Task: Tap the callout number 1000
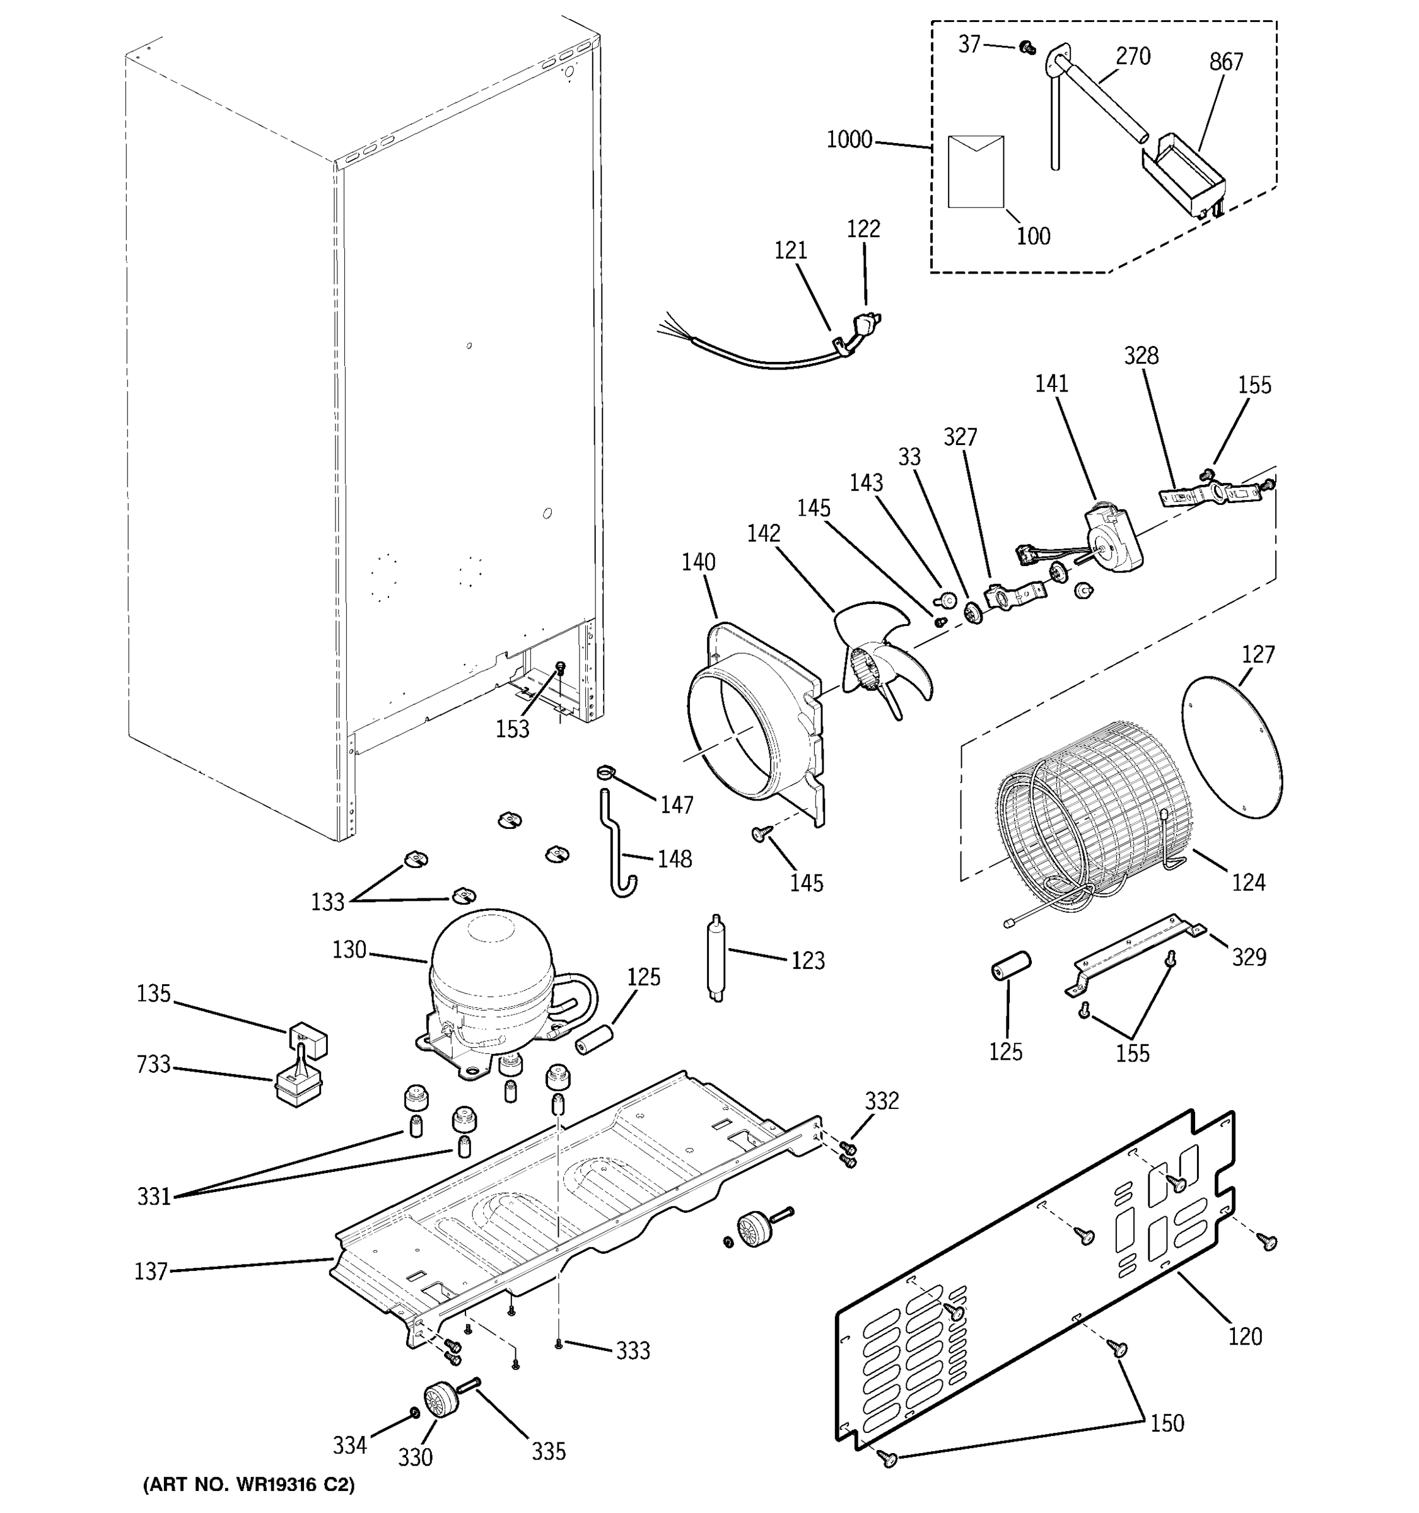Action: point(849,140)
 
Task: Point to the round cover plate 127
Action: point(1231,748)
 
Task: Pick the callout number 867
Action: point(1225,62)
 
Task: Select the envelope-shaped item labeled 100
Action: point(975,172)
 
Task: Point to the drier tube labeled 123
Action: point(716,958)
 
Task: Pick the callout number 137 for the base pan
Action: point(150,1271)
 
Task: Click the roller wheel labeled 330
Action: point(438,1400)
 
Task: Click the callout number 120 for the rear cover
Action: point(1245,1337)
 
